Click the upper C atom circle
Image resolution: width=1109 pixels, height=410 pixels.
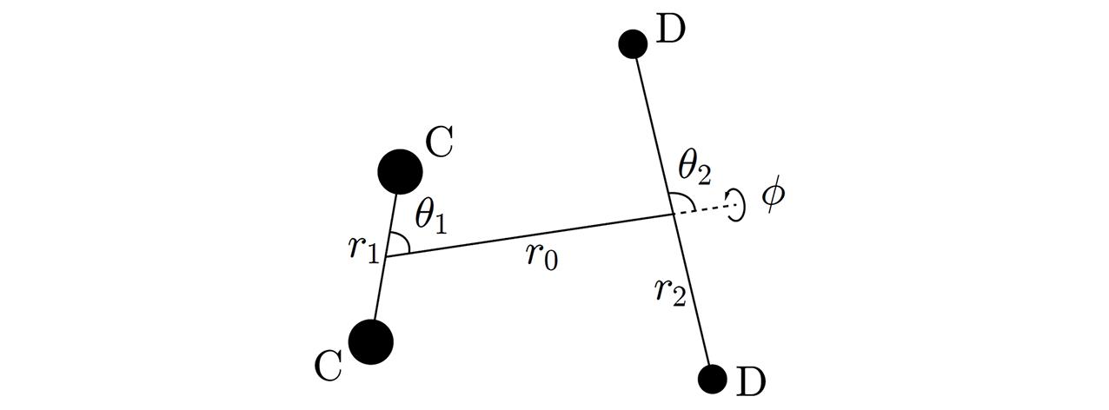400,172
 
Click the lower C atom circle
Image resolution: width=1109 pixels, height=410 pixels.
371,342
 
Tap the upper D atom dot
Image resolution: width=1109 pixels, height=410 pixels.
633,44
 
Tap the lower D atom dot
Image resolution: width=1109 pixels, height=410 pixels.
713,380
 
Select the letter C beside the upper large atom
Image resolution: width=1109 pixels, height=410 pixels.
439,142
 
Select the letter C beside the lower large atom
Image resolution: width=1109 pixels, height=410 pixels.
328,366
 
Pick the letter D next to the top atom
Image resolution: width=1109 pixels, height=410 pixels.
670,30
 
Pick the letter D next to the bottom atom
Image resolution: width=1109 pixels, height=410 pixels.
751,381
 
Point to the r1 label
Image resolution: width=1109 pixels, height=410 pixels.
364,248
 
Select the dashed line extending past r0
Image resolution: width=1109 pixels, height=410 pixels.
703,209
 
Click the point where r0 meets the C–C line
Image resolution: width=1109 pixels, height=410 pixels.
385,256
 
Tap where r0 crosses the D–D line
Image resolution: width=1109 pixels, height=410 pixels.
673,215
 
